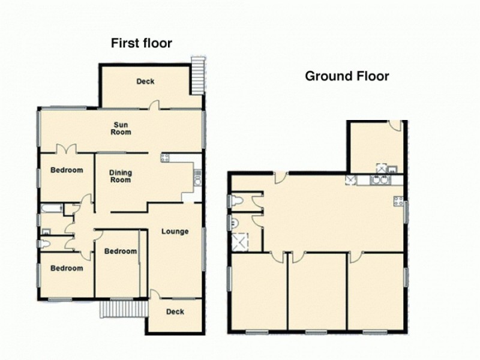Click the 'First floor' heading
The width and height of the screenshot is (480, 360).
tap(141, 43)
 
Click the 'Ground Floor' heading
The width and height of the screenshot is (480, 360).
tap(347, 76)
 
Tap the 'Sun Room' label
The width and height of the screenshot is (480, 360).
tap(121, 128)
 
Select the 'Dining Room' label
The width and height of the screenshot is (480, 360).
tap(120, 176)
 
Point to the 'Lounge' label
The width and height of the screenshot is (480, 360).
tap(175, 232)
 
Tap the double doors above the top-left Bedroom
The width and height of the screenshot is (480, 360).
tap(65, 149)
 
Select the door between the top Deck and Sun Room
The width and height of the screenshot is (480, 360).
tap(154, 106)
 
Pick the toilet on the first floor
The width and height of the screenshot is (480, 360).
tap(46, 244)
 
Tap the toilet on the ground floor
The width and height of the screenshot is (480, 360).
tap(236, 200)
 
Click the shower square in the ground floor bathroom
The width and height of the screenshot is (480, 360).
tap(239, 242)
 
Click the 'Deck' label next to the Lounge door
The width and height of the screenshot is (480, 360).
tap(175, 311)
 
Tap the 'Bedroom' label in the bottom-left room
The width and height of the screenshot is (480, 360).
tap(66, 268)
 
